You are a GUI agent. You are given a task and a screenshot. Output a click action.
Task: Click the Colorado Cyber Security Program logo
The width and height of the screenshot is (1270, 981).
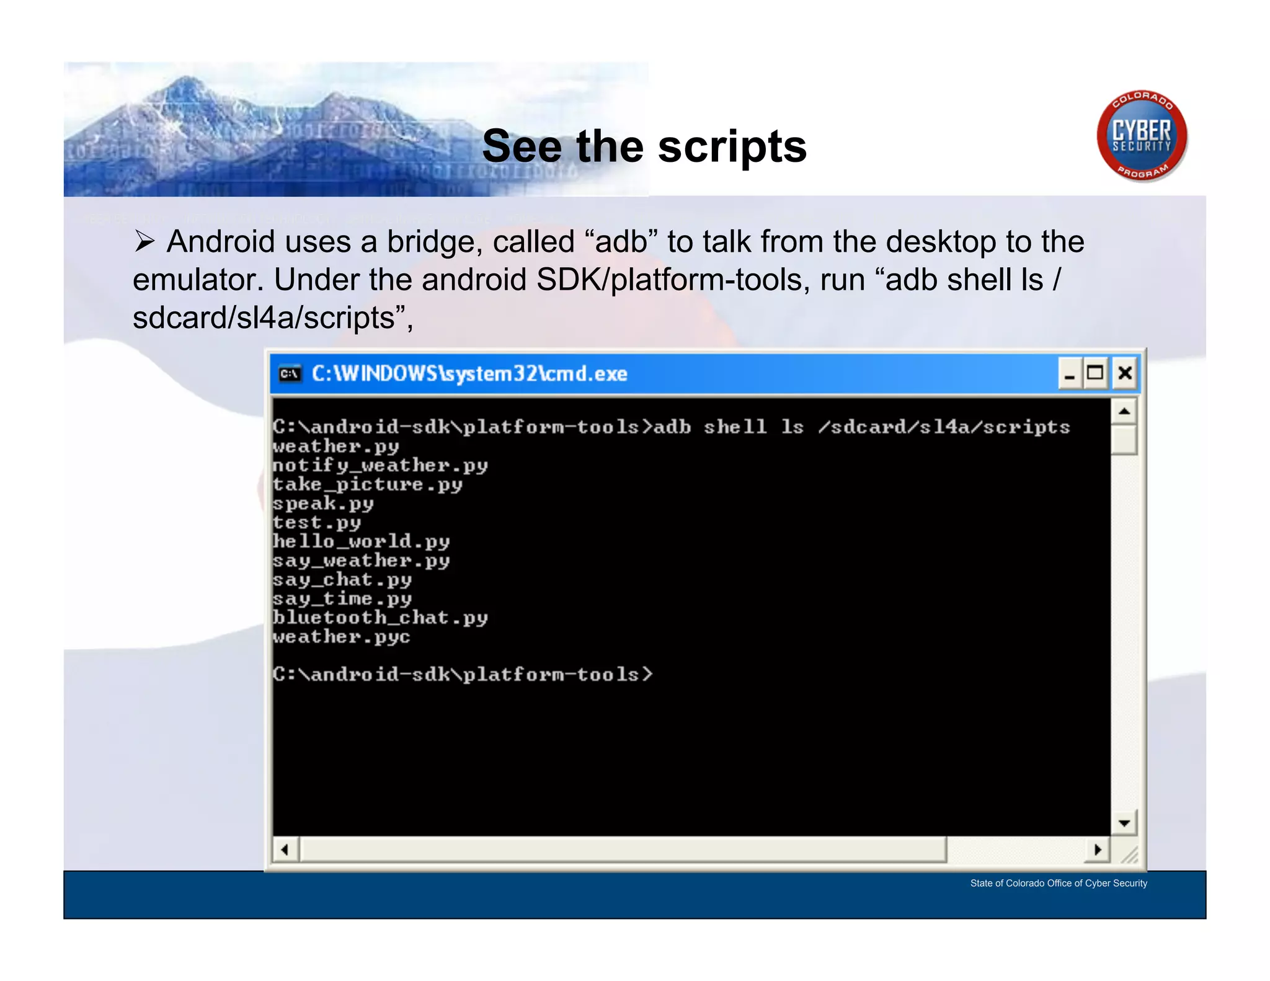[1142, 136]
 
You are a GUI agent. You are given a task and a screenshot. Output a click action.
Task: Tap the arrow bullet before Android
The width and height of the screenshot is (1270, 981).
[144, 241]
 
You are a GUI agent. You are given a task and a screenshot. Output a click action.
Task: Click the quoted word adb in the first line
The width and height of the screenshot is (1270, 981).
[621, 242]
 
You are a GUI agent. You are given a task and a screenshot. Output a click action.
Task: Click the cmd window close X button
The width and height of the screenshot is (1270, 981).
[1125, 373]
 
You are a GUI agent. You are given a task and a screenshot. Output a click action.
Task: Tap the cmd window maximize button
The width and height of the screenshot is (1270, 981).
[1096, 373]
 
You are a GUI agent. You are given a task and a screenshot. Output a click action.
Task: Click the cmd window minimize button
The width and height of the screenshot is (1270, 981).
[1070, 373]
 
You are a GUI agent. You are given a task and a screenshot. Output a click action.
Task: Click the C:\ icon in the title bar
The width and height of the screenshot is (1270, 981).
[290, 374]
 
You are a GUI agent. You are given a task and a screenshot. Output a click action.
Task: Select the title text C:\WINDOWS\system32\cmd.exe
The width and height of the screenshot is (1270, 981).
[469, 374]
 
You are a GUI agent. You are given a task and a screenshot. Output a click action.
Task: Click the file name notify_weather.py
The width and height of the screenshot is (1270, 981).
[380, 466]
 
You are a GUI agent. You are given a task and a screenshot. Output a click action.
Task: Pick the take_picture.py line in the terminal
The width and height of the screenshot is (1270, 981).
[368, 484]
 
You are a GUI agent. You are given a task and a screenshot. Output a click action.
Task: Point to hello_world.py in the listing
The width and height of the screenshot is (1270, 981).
[361, 541]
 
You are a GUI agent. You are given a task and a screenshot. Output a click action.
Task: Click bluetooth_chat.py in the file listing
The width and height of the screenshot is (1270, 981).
[380, 618]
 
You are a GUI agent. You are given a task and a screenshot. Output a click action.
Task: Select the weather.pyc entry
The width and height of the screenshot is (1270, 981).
[341, 637]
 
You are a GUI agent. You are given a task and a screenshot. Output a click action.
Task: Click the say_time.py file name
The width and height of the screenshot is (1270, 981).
[342, 599]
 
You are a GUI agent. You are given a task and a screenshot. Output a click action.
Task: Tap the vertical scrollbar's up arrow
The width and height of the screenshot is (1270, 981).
[1124, 411]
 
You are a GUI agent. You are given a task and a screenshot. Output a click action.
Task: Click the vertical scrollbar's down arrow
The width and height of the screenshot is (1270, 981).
[1124, 823]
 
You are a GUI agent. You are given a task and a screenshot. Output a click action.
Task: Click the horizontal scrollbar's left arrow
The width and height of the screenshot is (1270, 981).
[285, 850]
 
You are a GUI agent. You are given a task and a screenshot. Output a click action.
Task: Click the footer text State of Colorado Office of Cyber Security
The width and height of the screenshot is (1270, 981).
[1059, 883]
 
